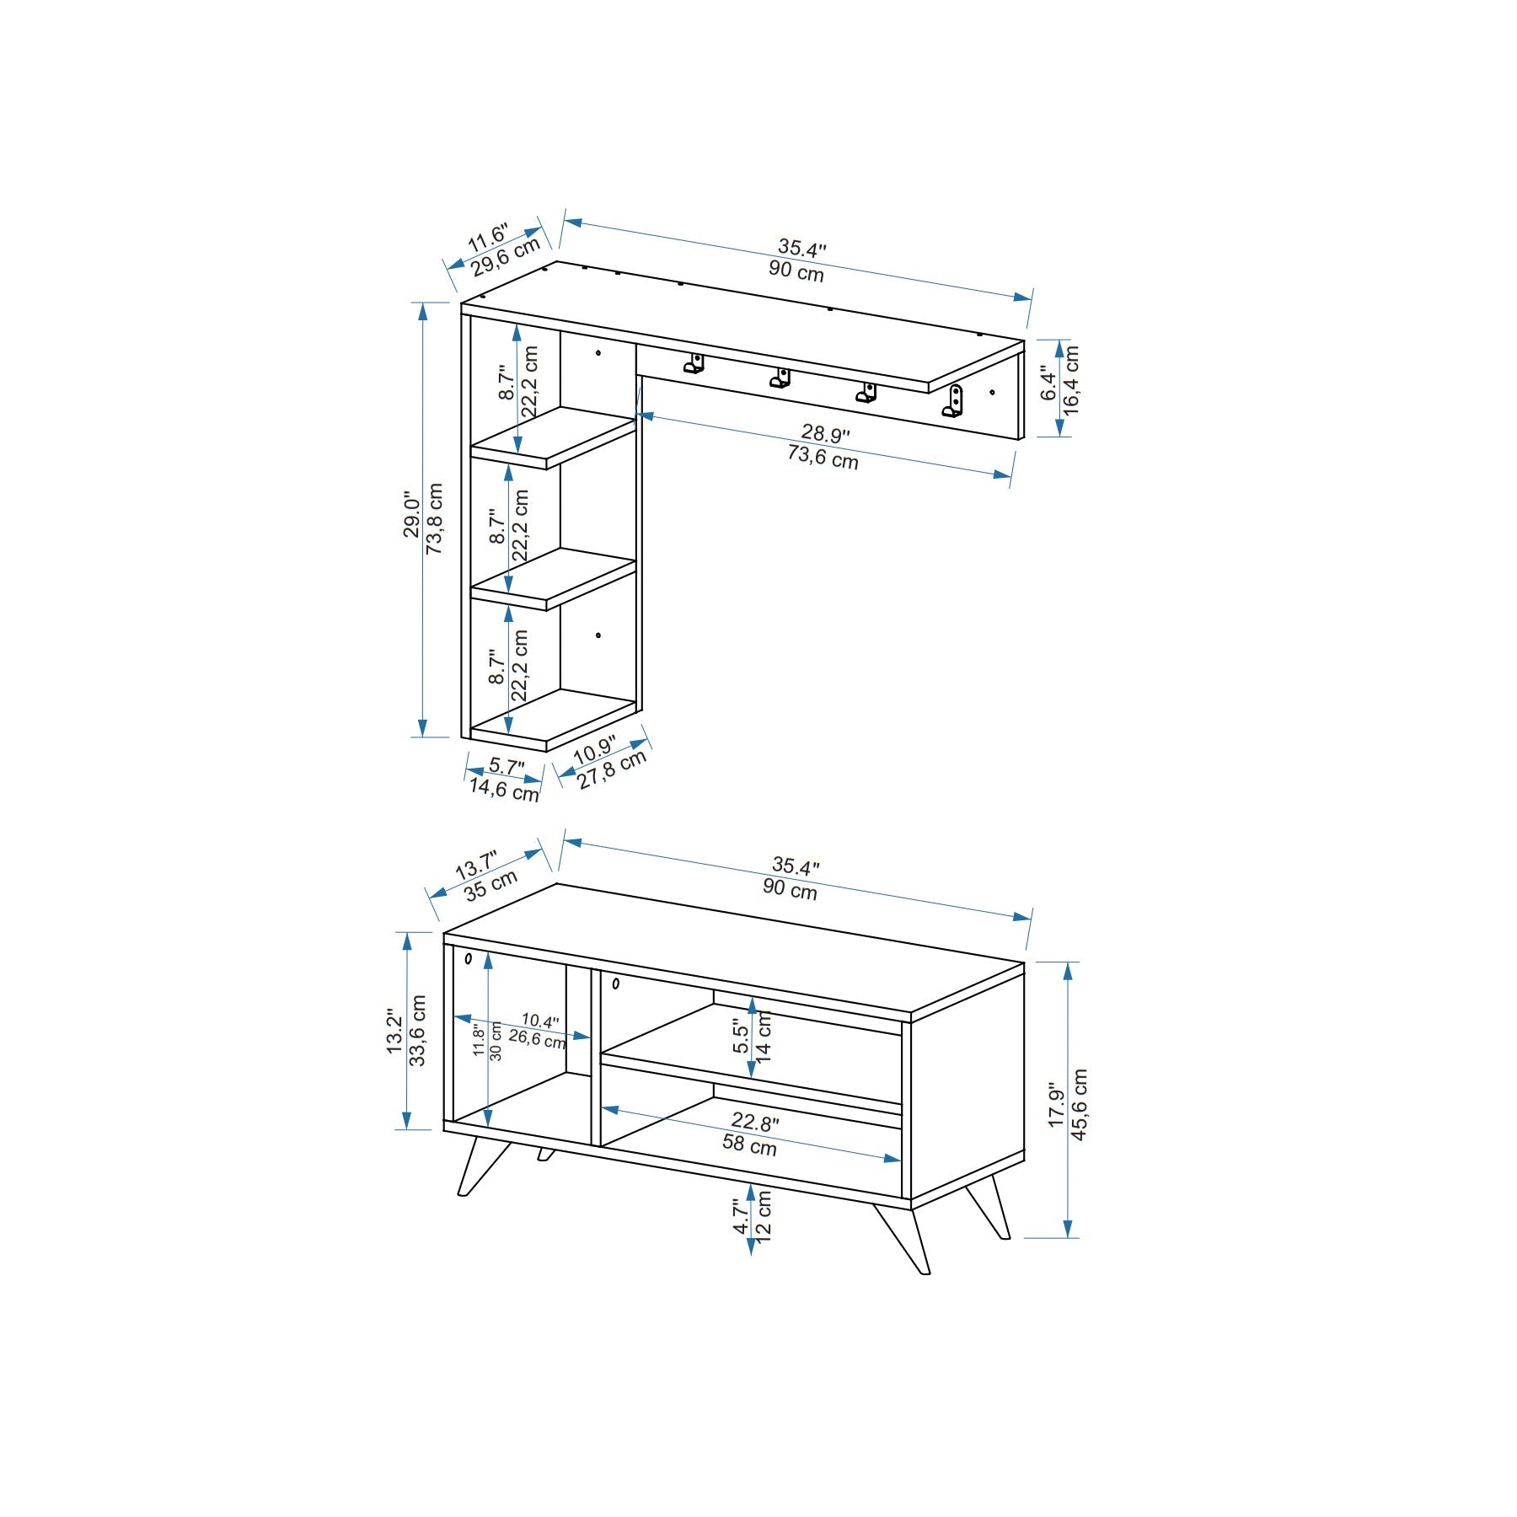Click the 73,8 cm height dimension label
point(435,518)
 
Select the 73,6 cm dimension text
point(823,458)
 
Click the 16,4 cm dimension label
point(1071,378)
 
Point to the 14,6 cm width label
point(504,791)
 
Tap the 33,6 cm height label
point(418,1031)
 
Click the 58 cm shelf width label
point(749,1145)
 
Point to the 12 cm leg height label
point(764,1213)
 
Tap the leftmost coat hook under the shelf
point(694,364)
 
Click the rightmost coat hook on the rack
point(953,402)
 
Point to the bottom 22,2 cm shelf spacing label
point(519,666)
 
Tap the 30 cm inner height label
point(496,1042)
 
